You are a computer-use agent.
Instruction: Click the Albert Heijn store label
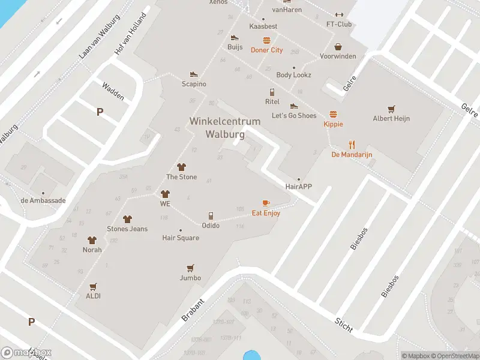tap(391, 118)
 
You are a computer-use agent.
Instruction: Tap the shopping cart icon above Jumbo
tap(190, 268)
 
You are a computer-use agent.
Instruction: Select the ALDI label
tap(93, 296)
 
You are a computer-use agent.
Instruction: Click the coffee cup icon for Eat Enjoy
tap(266, 203)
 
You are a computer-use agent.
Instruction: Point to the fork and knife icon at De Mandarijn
tap(352, 145)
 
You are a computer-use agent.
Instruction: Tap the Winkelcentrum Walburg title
tap(225, 128)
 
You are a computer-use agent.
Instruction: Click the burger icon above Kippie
tap(333, 114)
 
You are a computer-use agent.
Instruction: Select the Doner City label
tap(266, 50)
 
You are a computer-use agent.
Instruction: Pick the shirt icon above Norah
tap(92, 240)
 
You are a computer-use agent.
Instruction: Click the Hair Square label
tap(181, 238)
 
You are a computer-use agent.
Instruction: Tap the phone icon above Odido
tap(211, 215)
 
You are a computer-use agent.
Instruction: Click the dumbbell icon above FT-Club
tap(339, 15)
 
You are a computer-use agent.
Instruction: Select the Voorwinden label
tap(338, 56)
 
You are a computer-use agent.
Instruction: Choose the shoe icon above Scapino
tap(194, 74)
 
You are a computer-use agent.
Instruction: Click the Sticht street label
tap(344, 325)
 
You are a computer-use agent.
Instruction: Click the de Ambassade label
tap(43, 200)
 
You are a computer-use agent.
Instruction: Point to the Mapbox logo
tap(26, 353)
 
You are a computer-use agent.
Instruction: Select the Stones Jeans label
tap(127, 229)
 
